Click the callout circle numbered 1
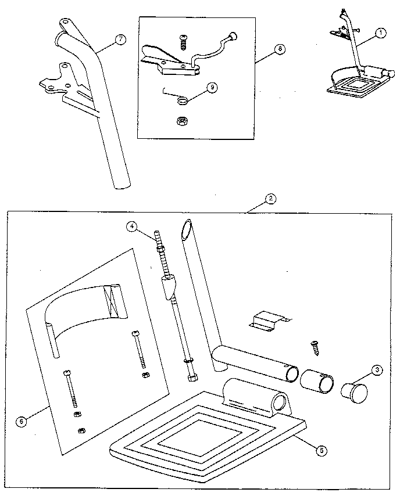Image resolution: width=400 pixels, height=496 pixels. tap(381, 33)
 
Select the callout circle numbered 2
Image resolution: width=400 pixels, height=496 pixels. tap(270, 199)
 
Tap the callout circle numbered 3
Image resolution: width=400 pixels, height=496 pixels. tap(377, 371)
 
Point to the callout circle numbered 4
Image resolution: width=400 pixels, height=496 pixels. tap(132, 226)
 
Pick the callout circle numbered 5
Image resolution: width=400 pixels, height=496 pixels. tap(322, 451)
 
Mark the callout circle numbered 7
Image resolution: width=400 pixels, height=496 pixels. tap(120, 39)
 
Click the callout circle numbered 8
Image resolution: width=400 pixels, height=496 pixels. tap(280, 49)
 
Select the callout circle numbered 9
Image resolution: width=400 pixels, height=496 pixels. tap(212, 87)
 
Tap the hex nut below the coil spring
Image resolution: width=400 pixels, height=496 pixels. tap(181, 121)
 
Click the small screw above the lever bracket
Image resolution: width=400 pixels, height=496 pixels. tap(183, 43)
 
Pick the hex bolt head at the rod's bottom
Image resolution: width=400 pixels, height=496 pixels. tap(192, 378)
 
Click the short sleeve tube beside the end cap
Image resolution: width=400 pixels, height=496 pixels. tap(317, 381)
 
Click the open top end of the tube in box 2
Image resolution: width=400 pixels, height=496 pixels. tap(186, 229)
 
